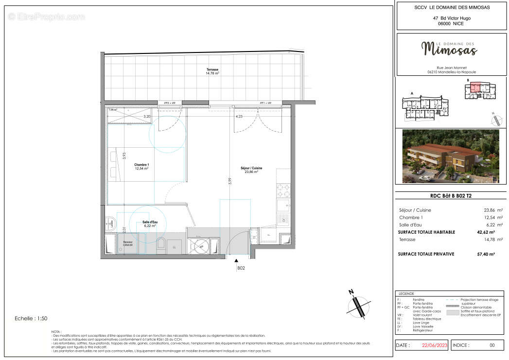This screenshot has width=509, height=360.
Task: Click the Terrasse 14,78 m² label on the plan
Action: [212, 71]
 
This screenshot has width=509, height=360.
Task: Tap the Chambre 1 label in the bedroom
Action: [141, 167]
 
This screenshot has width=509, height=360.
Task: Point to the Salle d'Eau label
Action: [149, 224]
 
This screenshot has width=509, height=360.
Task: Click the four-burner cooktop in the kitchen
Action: [283, 191]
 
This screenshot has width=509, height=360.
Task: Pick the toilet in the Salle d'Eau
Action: [161, 244]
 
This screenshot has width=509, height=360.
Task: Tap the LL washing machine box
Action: [175, 246]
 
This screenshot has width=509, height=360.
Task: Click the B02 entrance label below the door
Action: [240, 268]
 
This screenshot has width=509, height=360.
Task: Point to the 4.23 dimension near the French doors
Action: [239, 117]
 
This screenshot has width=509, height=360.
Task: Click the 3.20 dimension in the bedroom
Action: [146, 117]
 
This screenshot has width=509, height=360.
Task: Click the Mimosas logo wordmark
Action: [449, 48]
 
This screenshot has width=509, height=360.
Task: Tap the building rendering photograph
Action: [447, 156]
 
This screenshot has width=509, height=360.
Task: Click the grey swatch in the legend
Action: [452, 314]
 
